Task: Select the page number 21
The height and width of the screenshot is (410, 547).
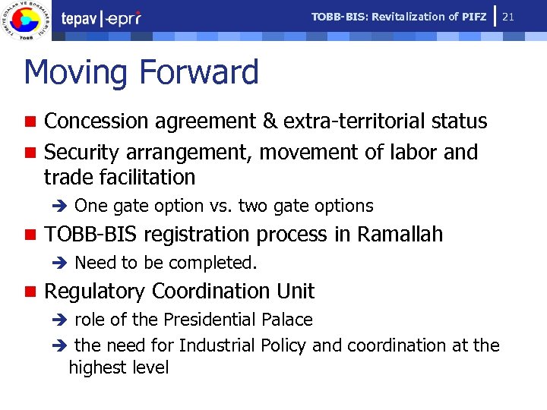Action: [530, 16]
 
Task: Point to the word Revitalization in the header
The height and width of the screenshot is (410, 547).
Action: [406, 17]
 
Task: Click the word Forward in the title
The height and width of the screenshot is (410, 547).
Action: [199, 73]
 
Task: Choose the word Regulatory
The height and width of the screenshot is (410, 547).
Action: [95, 292]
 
